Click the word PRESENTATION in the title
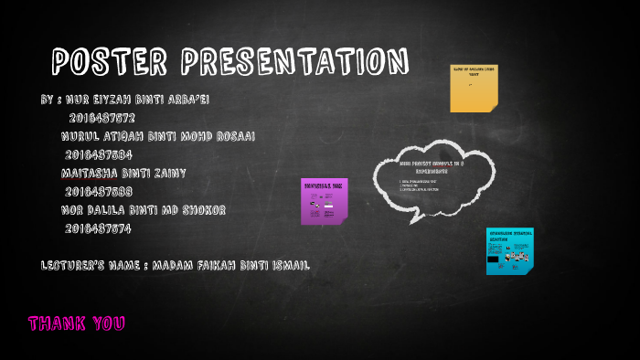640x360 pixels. pos(294,62)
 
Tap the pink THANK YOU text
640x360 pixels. pos(76,323)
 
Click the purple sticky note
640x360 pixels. pos(324,201)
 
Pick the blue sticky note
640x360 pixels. pos(509,250)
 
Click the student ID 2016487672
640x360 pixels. pos(101,118)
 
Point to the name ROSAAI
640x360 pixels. pos(232,136)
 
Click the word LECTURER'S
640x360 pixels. pos(74,265)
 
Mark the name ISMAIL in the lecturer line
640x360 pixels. pos(287,265)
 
